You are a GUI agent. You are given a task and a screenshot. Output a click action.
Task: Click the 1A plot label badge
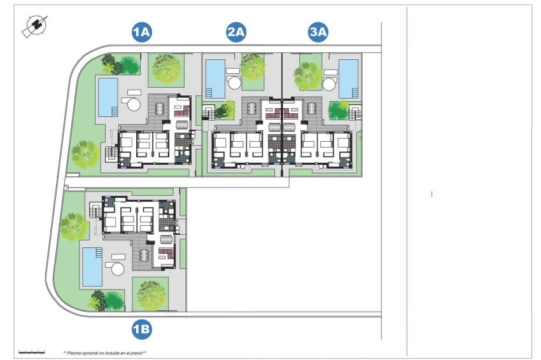point(141,32)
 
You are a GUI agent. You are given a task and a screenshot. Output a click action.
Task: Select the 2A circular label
point(236,32)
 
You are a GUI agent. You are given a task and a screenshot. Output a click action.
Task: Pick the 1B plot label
point(141,329)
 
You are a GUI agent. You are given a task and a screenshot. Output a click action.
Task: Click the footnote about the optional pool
point(104,352)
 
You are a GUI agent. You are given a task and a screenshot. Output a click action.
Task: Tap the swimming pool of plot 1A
point(108,97)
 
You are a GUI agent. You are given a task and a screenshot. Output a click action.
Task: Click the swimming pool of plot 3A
point(348,78)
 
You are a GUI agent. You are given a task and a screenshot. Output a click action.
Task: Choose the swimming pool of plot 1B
point(92,267)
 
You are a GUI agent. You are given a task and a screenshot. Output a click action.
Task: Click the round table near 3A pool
point(330,85)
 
